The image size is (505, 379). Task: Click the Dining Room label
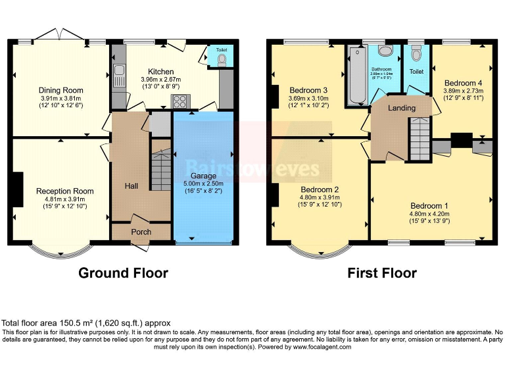pos(60,90)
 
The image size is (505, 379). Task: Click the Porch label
pos(141,232)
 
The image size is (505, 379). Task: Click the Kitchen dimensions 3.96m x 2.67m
pos(160,80)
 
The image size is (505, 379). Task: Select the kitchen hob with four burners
pos(179,101)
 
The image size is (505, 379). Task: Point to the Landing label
pos(401,108)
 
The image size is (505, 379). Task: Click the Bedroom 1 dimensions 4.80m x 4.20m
pos(430,195)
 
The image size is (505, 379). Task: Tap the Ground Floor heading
pos(123,272)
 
